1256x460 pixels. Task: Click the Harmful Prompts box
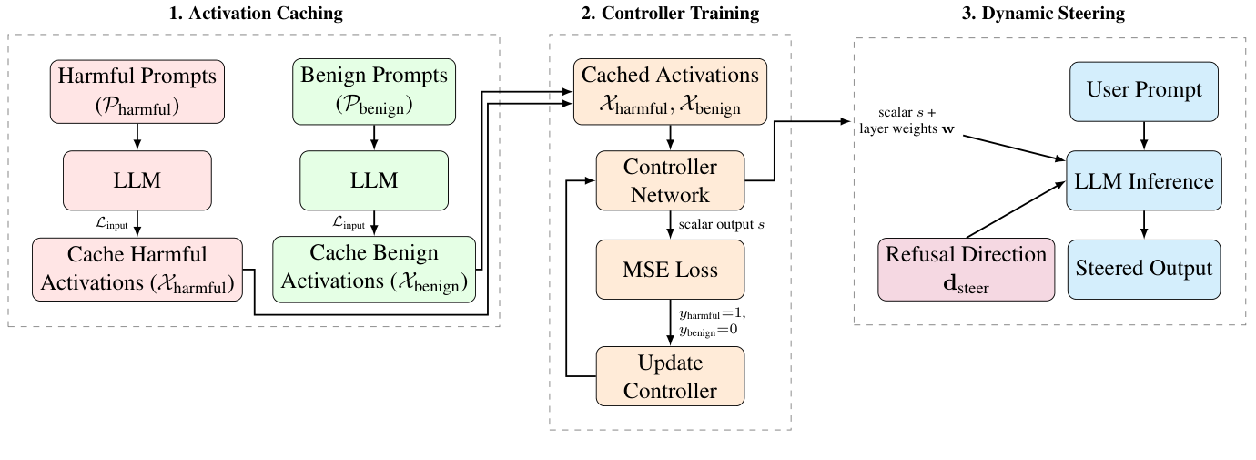137,92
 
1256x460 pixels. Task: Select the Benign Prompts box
374,92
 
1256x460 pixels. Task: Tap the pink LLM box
137,180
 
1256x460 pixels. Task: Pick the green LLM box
374,180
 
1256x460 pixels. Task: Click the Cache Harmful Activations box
137,269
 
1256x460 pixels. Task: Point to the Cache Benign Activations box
374,269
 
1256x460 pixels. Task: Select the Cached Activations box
670,90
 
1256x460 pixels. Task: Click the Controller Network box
670,180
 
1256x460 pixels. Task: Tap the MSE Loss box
670,270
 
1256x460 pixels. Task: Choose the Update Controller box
670,377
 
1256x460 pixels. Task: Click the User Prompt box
1143,91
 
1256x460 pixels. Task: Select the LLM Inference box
1143,180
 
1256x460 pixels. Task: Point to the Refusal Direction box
966,269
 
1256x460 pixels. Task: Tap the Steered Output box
1143,269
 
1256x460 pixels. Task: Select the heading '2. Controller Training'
670,13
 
